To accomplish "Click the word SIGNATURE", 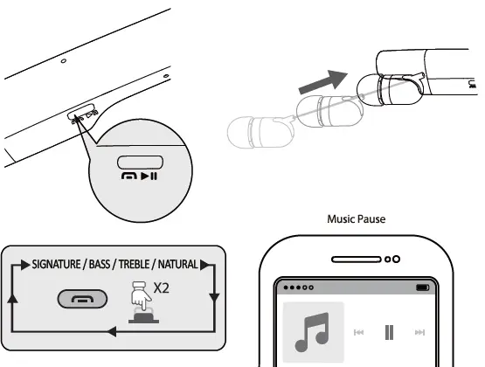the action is pyautogui.click(x=56, y=265).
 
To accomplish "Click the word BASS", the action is pyautogui.click(x=100, y=265).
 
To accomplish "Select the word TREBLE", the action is pyautogui.click(x=135, y=265).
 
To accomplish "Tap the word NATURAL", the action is pyautogui.click(x=178, y=265).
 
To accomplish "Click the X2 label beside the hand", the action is pyautogui.click(x=161, y=288).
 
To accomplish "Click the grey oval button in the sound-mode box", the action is pyautogui.click(x=82, y=299).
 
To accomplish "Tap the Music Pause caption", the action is pyautogui.click(x=357, y=219).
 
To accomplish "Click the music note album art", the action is pyautogui.click(x=314, y=332).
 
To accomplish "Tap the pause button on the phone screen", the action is pyautogui.click(x=389, y=332).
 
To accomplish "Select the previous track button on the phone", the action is pyautogui.click(x=358, y=332).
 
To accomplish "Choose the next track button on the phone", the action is pyautogui.click(x=419, y=332).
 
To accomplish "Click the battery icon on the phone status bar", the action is pyautogui.click(x=423, y=287).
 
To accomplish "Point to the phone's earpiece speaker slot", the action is pyautogui.click(x=357, y=260).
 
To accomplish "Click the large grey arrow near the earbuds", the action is pyautogui.click(x=323, y=82).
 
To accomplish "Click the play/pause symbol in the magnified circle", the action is pyautogui.click(x=149, y=177).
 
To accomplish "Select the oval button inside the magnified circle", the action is pyautogui.click(x=140, y=163).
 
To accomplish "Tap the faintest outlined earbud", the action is pyautogui.click(x=260, y=132).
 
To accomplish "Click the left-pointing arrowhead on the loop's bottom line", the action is pyautogui.click(x=111, y=331).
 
